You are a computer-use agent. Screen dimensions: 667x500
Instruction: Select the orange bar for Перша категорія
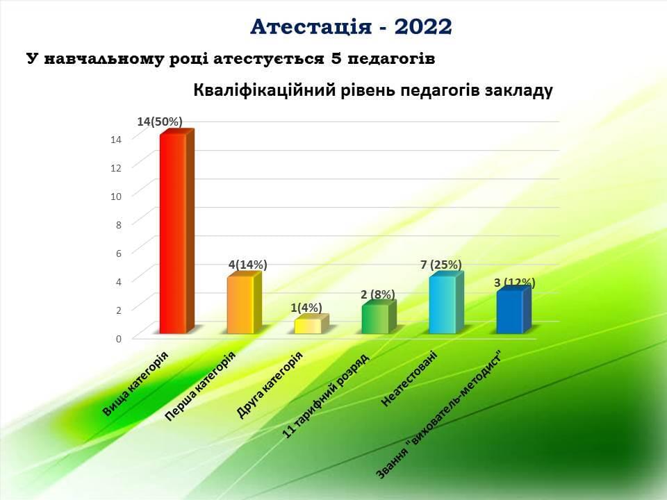tap(244, 303)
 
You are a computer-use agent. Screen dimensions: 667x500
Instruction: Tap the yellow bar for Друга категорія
tap(311, 324)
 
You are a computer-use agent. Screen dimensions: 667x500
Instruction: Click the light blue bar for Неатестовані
tap(446, 303)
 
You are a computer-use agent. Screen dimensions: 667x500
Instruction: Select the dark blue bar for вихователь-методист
tap(513, 310)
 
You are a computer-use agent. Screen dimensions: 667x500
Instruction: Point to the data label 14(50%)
tap(160, 122)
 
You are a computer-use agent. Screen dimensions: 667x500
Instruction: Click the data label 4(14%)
tap(247, 265)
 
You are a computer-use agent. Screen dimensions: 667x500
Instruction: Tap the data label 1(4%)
tap(306, 308)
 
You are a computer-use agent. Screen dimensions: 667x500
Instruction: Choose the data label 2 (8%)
tap(378, 294)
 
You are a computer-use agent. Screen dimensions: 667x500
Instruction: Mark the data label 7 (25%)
tap(441, 265)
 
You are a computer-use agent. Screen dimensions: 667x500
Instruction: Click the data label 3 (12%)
tap(515, 283)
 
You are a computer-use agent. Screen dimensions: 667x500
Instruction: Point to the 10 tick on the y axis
tap(116, 197)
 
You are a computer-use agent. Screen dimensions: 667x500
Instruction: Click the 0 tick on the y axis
tap(119, 339)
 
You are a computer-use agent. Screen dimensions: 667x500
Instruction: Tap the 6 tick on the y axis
tap(119, 253)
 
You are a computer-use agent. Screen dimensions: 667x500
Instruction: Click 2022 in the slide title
tap(423, 27)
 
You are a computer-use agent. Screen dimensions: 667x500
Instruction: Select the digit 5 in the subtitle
tap(335, 58)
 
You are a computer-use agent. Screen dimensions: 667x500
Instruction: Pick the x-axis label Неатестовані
tap(410, 378)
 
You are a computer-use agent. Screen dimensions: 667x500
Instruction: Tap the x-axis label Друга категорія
tap(270, 385)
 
